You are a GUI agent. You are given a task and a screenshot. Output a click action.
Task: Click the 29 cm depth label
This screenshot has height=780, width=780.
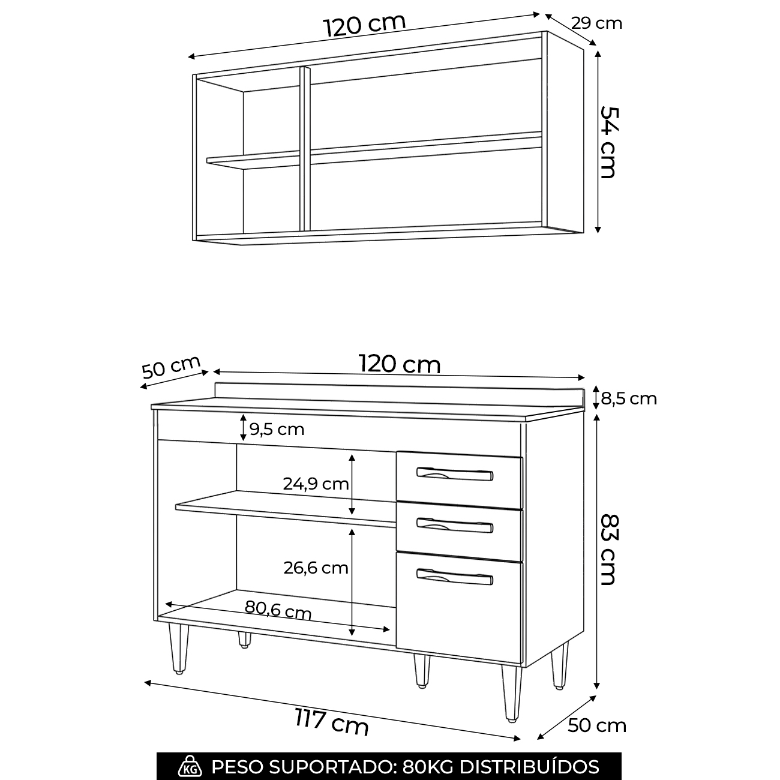click(x=596, y=23)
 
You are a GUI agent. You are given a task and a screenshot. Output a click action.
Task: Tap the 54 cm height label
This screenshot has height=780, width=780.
click(x=608, y=142)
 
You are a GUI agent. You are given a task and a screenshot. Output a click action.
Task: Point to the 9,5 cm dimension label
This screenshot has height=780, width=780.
click(x=277, y=429)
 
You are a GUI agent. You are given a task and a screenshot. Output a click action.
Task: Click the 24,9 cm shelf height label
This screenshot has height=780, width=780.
click(x=316, y=484)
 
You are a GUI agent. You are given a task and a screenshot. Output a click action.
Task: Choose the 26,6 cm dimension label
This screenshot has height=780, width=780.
click(x=316, y=568)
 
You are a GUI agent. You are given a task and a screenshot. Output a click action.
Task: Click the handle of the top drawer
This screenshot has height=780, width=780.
click(x=455, y=474)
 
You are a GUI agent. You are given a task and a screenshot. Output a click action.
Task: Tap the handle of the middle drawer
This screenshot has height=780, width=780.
click(x=455, y=525)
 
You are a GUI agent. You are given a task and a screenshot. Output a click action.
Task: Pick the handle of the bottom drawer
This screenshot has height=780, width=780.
click(x=455, y=577)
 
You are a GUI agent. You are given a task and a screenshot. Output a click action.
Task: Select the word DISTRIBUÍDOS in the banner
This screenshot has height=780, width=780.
click(x=529, y=766)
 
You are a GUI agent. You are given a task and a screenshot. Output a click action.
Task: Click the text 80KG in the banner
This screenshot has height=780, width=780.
click(x=428, y=767)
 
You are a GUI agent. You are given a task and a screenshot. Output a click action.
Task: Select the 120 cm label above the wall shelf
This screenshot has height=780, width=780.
click(x=365, y=26)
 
